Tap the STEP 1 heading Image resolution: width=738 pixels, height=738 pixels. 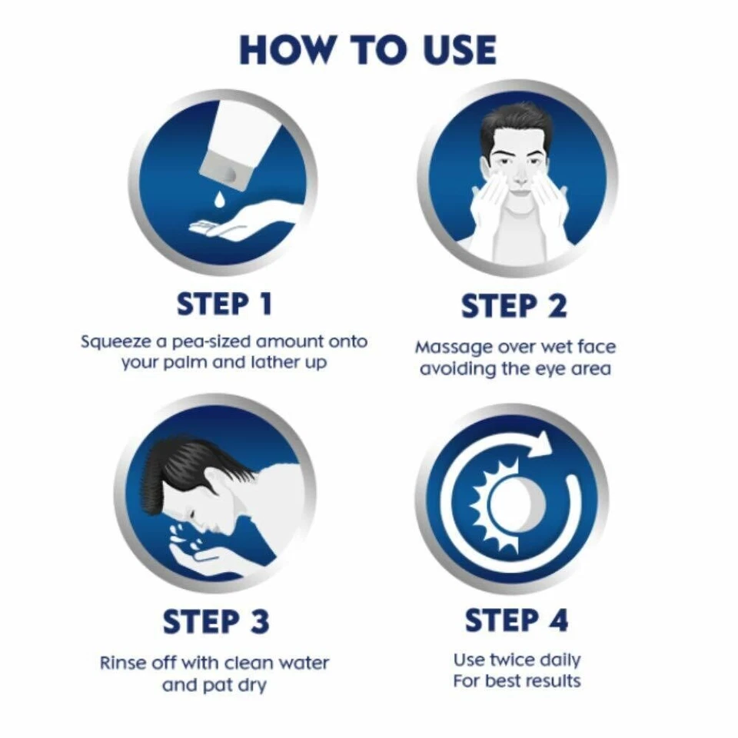pos(224,304)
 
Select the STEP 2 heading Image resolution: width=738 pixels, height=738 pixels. pos(514,306)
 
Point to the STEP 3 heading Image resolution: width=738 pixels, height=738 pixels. pos(216,622)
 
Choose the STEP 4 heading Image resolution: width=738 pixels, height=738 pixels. pos(517,620)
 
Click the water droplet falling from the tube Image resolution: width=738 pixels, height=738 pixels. pos(221,197)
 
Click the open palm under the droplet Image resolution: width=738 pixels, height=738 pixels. pos(231,226)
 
